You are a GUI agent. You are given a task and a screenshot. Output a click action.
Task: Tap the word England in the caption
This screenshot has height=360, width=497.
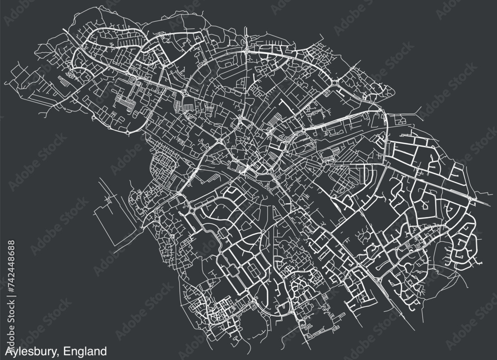[x=86, y=352]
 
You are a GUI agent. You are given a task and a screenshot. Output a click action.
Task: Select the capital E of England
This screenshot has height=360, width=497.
[x=69, y=351]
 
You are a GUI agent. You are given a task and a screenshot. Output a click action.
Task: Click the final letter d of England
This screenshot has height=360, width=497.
[x=103, y=351]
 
